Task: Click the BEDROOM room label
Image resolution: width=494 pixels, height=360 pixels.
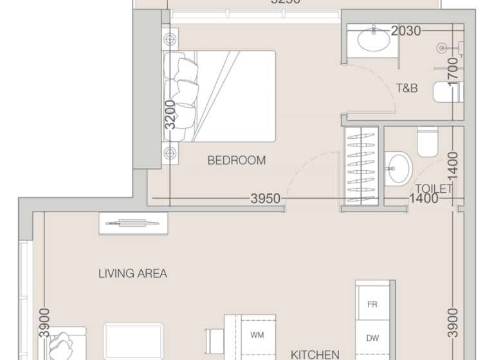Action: (x=236, y=161)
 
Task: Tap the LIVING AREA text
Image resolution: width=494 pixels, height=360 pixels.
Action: (x=133, y=273)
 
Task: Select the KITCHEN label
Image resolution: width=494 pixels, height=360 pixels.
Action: (x=315, y=354)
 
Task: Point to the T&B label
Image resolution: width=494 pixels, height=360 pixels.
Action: (x=406, y=88)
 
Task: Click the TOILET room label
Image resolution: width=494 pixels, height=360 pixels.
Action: (x=434, y=188)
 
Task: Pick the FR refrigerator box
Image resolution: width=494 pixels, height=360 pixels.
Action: (x=372, y=305)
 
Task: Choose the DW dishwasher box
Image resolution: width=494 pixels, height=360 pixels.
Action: (x=372, y=337)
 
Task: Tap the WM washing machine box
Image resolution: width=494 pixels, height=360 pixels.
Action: (x=256, y=335)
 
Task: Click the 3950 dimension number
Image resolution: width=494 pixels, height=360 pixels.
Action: (x=265, y=199)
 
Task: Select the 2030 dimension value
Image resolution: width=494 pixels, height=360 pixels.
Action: (x=407, y=30)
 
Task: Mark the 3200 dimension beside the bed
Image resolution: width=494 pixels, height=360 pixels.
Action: (x=169, y=115)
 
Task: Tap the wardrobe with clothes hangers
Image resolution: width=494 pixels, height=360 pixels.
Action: (x=361, y=165)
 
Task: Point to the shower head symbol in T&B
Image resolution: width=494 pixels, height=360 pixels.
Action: (x=442, y=47)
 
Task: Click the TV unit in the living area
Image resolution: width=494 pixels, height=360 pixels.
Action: (x=133, y=223)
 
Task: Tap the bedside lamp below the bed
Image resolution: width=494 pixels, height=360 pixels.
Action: (x=169, y=153)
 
